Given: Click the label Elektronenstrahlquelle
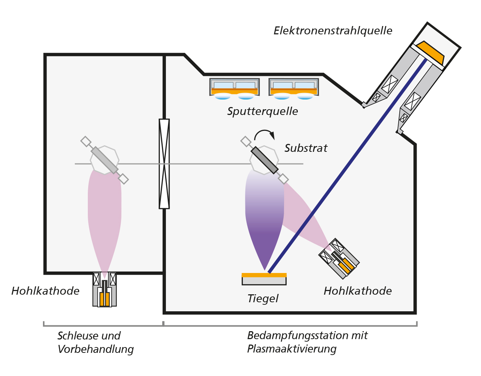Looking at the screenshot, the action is tap(333, 31).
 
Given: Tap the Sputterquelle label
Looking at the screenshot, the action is tap(262, 111).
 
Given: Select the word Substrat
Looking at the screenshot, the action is tap(306, 148).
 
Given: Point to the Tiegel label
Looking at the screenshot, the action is tap(263, 299).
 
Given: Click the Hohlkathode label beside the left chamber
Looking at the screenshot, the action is tap(46, 291).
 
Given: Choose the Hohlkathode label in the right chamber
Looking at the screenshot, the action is tap(358, 291).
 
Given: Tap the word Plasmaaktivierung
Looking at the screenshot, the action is tap(292, 349).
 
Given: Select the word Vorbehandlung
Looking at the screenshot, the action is tap(96, 349).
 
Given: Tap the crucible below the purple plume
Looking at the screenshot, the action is tap(264, 279).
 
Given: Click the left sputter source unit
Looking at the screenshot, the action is tap(235, 88).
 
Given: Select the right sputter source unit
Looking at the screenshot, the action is tap(294, 88).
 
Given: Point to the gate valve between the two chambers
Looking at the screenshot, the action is tap(164, 164).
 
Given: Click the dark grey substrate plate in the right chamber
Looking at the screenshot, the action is tap(265, 160).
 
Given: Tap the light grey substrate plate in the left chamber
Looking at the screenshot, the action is tap(104, 160).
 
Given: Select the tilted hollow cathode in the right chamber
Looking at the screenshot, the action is tap(339, 258).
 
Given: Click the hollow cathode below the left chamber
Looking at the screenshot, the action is tap(104, 290).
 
